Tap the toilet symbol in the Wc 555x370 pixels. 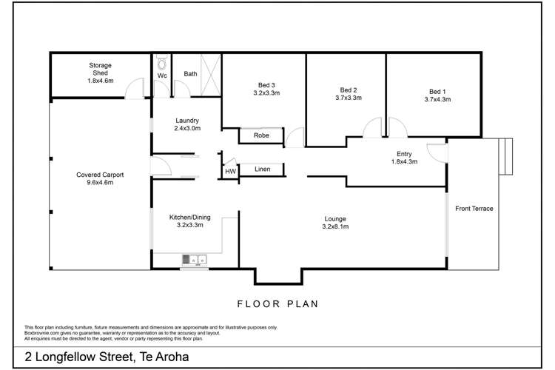click(x=162, y=64)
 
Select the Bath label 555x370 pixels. click(x=190, y=74)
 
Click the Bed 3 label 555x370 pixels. click(x=266, y=85)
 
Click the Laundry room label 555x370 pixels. click(x=187, y=121)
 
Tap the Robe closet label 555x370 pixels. click(x=260, y=136)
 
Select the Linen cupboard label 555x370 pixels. click(x=261, y=169)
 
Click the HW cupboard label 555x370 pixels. click(x=230, y=172)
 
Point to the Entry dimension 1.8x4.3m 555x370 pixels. click(x=404, y=161)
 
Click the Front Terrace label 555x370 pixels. click(x=474, y=209)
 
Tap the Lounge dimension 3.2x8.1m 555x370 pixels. click(x=335, y=226)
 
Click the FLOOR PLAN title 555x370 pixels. click(x=278, y=303)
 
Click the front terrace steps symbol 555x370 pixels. click(x=507, y=157)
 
